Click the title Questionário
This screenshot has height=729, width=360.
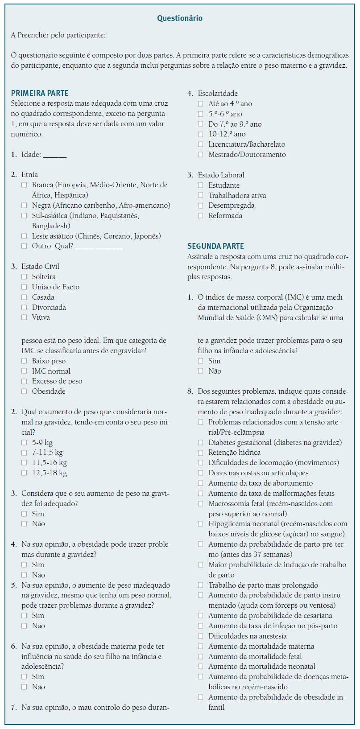(180, 18)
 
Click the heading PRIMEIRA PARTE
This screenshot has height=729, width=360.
(40, 93)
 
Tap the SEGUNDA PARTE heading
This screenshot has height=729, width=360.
(215, 246)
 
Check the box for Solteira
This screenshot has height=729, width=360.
(24, 277)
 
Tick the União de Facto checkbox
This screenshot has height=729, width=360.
(24, 287)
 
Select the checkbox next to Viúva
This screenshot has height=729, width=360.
(24, 317)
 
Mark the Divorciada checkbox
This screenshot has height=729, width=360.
(24, 308)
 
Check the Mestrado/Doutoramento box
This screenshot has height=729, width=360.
(201, 155)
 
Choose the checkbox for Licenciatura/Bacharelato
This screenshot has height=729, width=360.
(201, 144)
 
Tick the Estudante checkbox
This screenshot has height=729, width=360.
(201, 185)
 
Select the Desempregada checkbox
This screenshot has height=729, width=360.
(201, 206)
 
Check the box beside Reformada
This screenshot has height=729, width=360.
(201, 216)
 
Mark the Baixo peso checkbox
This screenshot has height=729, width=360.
(24, 361)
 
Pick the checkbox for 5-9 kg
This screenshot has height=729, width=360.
(24, 443)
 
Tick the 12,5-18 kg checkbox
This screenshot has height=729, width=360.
(24, 473)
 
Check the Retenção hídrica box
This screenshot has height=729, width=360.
(201, 453)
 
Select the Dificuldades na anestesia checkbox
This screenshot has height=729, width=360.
(201, 636)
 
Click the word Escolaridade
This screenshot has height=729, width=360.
(218, 94)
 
